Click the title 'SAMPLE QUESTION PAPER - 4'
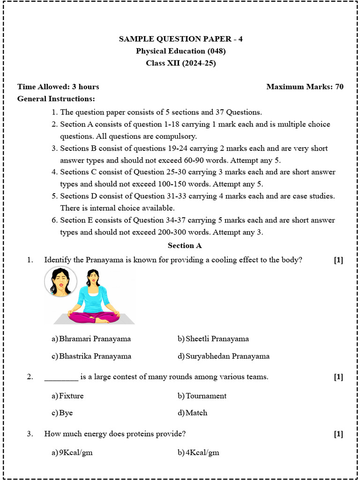tap(180, 39)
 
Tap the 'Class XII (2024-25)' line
tap(180, 63)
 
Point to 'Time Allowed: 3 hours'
tap(58, 87)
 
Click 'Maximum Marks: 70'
tap(305, 87)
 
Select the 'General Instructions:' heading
tap(56, 99)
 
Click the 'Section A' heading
tap(185, 245)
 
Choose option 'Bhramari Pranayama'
tap(95, 339)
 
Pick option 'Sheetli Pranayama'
tap(217, 339)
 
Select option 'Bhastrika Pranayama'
tap(95, 356)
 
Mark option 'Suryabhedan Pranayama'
tap(227, 356)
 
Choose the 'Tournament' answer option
tap(206, 396)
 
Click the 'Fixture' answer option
tap(71, 396)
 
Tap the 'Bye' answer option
tap(66, 413)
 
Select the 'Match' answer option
tap(196, 413)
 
